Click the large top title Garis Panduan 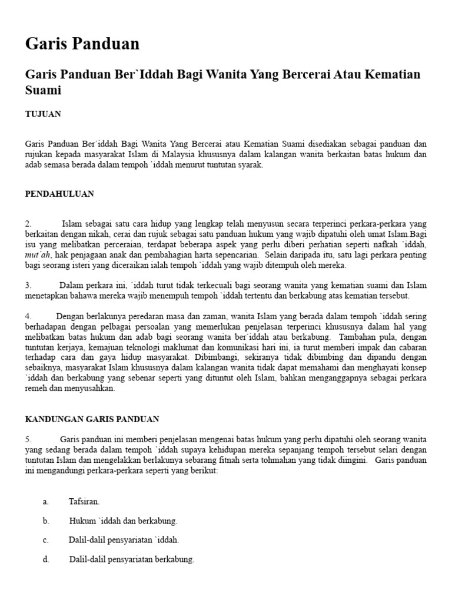(x=82, y=44)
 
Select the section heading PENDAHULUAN (x=59, y=194)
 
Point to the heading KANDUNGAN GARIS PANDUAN (x=92, y=419)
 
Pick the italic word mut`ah (x=35, y=255)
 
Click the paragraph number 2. (x=28, y=224)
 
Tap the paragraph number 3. (x=28, y=286)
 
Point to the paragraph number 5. (x=28, y=440)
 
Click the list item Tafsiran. (x=84, y=502)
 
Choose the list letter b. (x=45, y=521)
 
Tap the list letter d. (x=45, y=559)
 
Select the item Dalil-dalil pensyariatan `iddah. (x=124, y=540)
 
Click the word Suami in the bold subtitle (x=44, y=91)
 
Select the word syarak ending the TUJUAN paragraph (x=250, y=165)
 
